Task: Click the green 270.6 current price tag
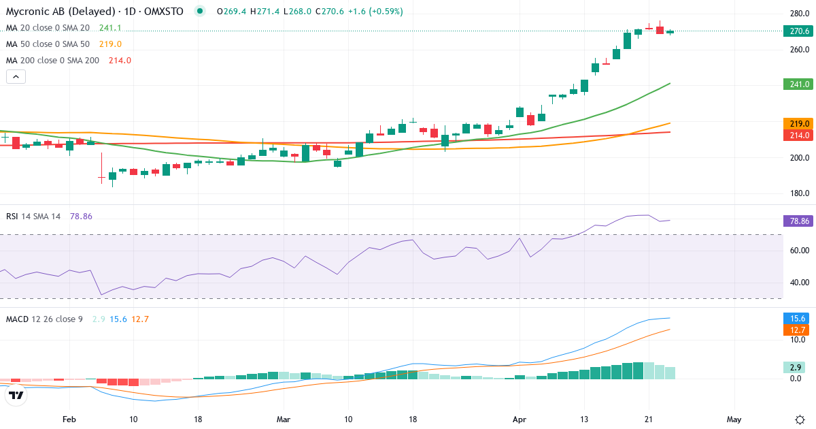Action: tap(798, 31)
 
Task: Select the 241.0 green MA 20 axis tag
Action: tap(798, 84)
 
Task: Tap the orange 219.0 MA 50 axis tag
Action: tap(798, 123)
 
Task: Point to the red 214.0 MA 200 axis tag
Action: tap(798, 135)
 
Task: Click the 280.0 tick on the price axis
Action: tap(799, 14)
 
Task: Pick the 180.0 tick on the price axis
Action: tap(799, 193)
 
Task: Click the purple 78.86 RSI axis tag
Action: tap(798, 221)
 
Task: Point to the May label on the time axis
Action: tap(733, 419)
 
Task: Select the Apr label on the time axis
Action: tap(520, 419)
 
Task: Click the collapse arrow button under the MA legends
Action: tap(16, 77)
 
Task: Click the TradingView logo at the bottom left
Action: tap(16, 394)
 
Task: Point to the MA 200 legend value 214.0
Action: tap(120, 61)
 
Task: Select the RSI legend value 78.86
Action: tap(81, 216)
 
